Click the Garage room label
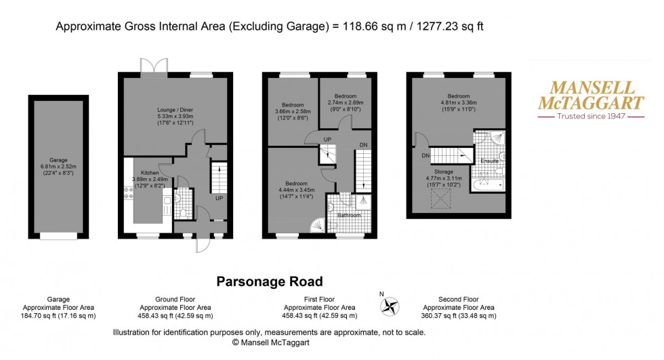click(58, 160)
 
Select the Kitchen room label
click(149, 173)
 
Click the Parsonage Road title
click(269, 281)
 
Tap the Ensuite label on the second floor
click(490, 161)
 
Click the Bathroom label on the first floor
click(348, 215)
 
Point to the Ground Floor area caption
click(171, 307)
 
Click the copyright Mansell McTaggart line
click(269, 343)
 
